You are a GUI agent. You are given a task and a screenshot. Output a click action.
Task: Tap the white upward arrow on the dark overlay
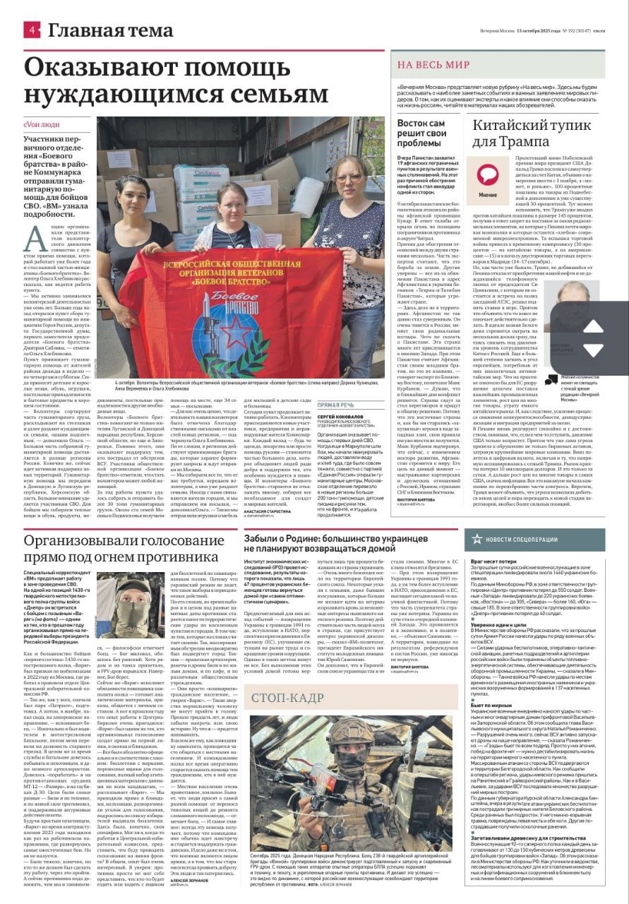coord(593,326)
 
